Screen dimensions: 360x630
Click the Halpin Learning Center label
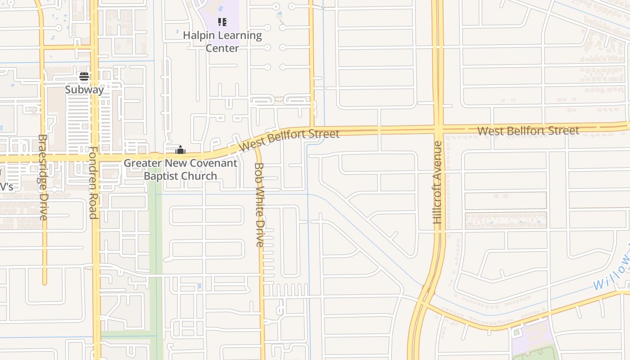coord(222,41)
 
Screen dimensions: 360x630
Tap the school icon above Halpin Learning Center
coord(222,22)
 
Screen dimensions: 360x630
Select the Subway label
coord(84,90)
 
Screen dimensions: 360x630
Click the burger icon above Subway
coord(84,76)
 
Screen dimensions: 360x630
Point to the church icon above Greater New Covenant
coord(180,150)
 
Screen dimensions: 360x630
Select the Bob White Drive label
coord(260,205)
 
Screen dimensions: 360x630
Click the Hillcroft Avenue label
coord(437,182)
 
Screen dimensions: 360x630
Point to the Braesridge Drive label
coord(43,177)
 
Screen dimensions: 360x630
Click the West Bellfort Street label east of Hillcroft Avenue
coord(528,131)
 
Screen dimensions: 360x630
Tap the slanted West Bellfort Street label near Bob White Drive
coord(289,139)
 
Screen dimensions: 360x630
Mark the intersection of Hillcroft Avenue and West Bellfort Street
coord(438,129)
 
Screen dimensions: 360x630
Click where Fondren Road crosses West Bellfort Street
coord(94,158)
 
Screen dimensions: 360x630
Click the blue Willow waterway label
coord(611,274)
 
